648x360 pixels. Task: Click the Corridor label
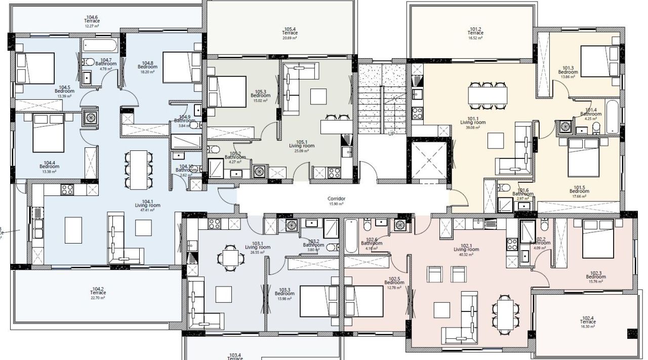[336, 199]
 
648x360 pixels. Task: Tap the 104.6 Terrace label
[92, 21]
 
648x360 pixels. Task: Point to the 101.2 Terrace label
[475, 33]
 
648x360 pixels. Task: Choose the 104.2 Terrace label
[98, 293]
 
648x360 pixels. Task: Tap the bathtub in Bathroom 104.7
[99, 47]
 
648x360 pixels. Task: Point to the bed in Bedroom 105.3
[226, 91]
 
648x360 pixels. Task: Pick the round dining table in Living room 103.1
[229, 258]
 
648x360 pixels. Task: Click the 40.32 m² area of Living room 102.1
[466, 255]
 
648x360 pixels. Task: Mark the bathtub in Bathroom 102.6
[350, 235]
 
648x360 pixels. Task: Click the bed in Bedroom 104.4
[48, 133]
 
